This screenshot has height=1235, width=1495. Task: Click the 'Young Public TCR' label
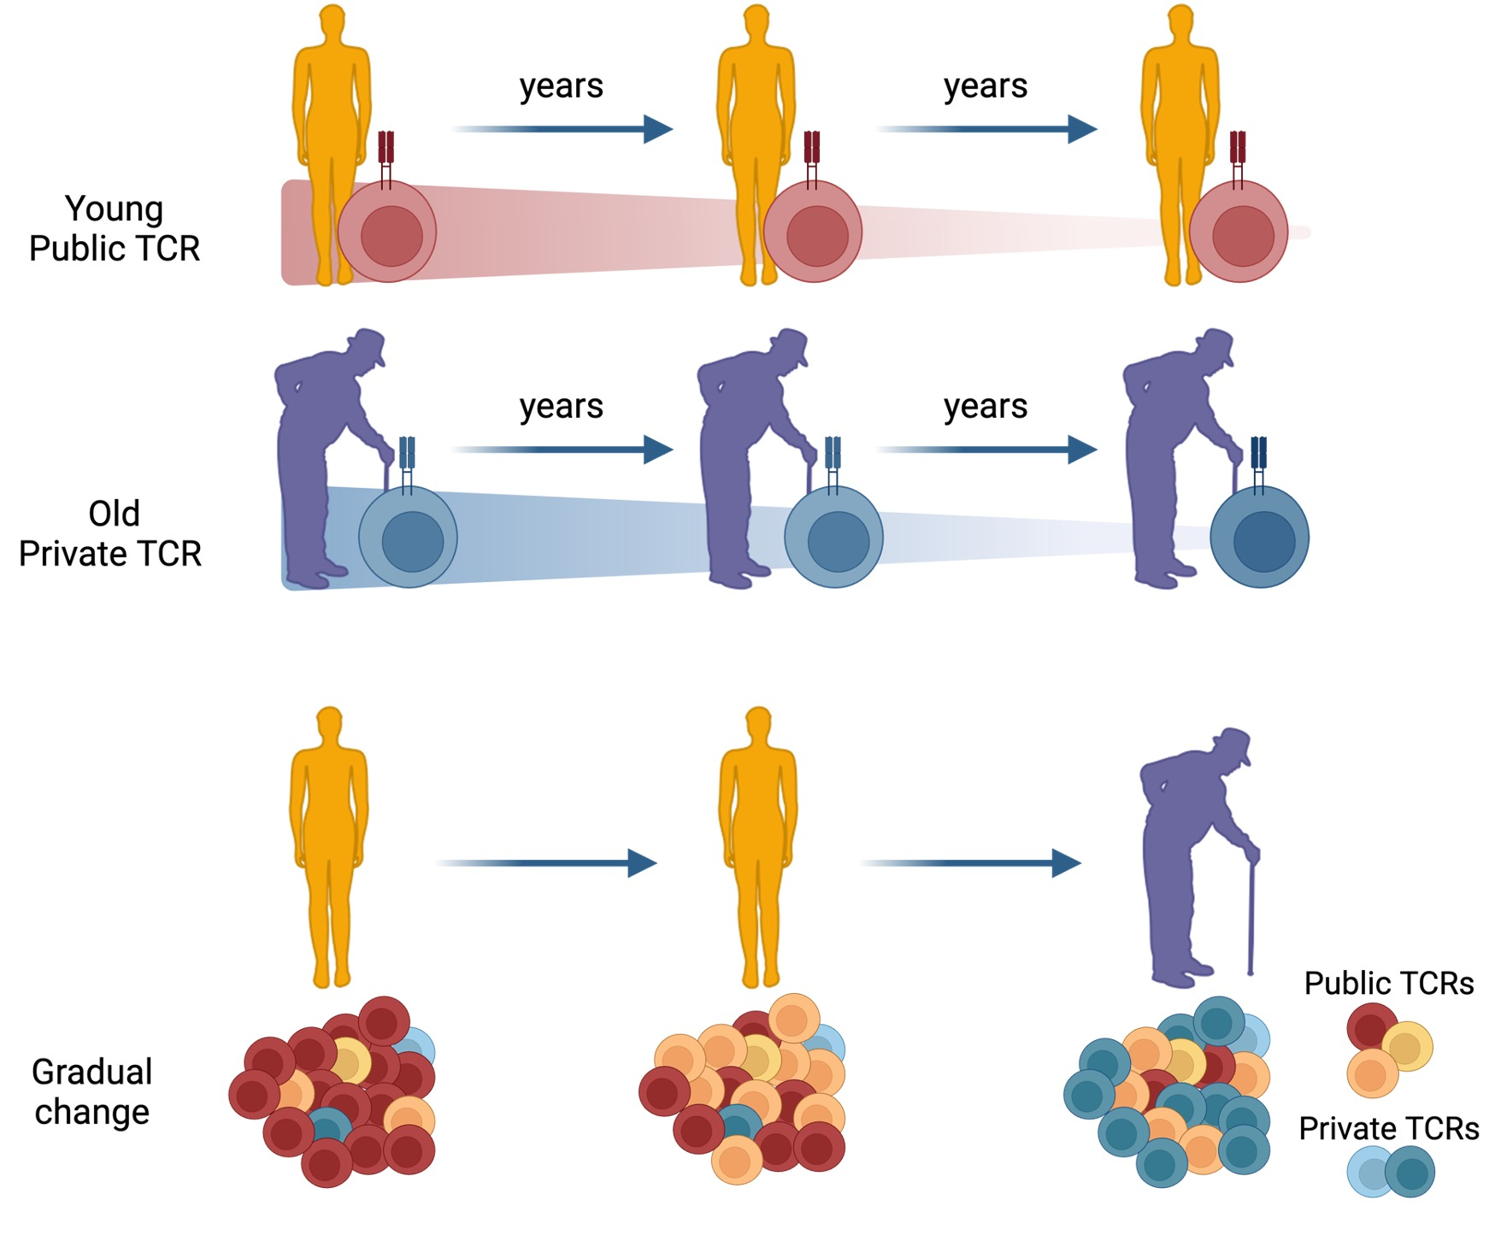114,228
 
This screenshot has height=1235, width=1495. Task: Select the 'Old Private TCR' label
110,534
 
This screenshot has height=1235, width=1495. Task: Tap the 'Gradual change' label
92,1091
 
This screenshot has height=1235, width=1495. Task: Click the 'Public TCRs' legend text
1388,984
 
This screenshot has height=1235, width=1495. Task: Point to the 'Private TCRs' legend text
1388,1129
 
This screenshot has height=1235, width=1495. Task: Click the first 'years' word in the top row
562,86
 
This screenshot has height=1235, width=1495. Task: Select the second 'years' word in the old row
986,407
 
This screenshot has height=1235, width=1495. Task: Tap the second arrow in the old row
986,450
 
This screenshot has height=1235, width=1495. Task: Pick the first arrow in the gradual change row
547,863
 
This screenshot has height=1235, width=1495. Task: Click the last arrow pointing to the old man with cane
971,863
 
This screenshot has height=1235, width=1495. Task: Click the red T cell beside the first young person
387,232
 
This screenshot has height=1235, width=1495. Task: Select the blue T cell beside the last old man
1259,538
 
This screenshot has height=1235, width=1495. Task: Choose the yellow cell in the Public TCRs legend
1405,1047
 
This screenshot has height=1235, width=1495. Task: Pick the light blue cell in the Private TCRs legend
1368,1173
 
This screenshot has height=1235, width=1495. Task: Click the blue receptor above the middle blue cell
833,453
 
